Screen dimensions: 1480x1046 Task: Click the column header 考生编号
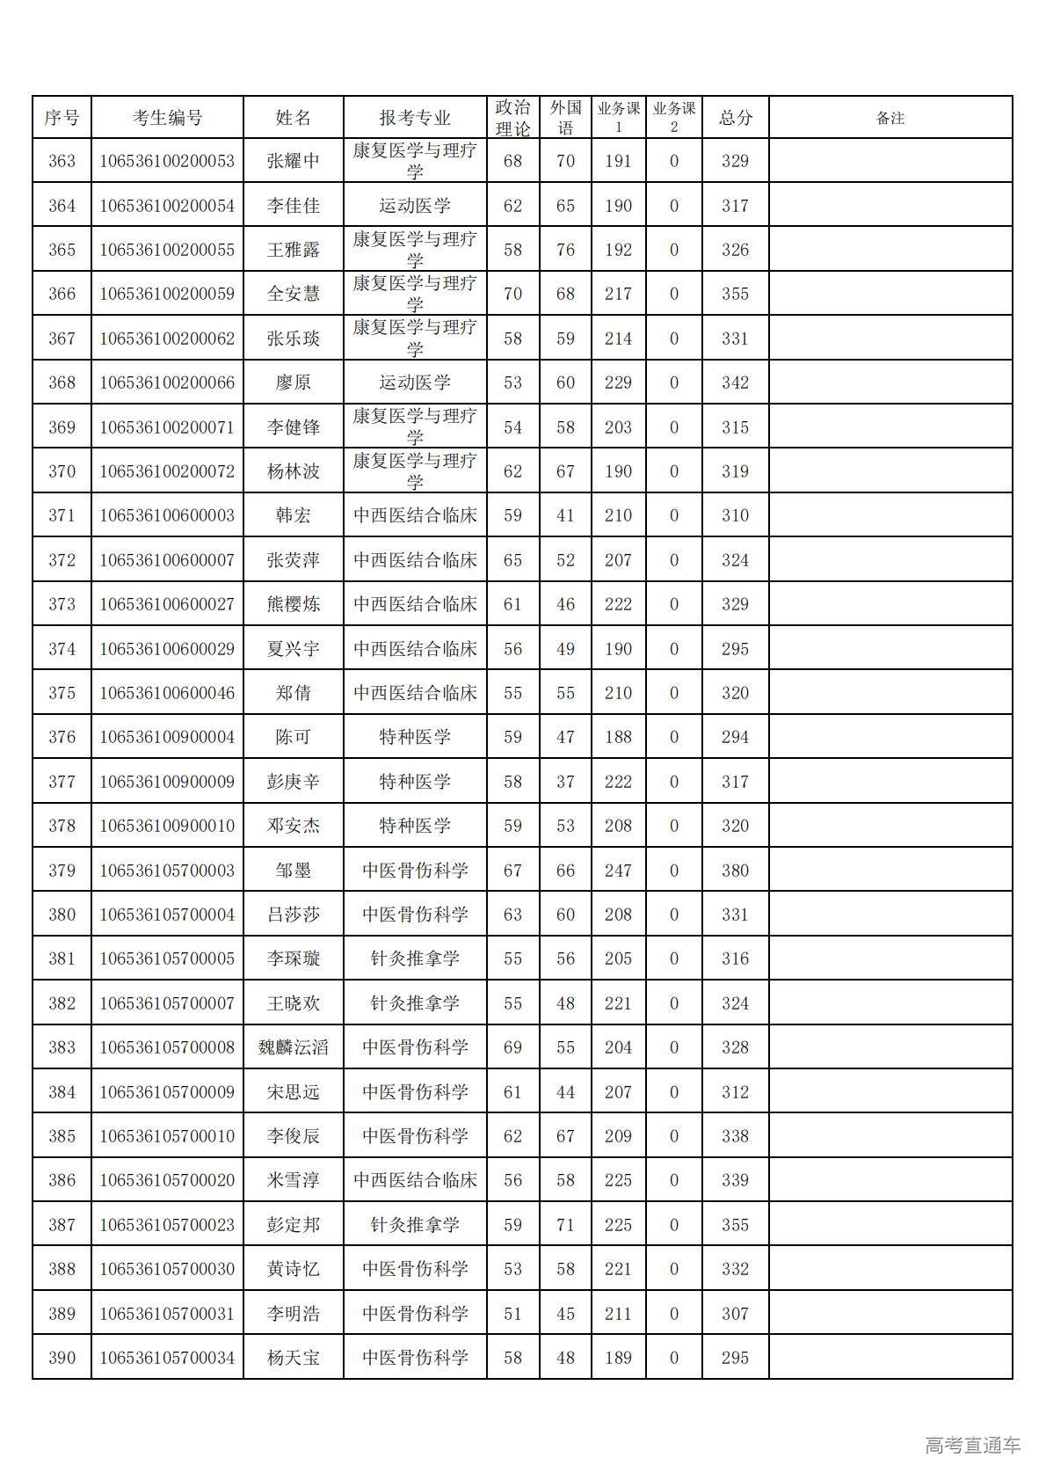point(167,118)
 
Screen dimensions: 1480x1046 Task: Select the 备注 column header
point(890,118)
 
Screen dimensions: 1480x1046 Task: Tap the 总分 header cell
point(735,118)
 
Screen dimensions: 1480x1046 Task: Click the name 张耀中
point(293,161)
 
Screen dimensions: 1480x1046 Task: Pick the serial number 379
point(62,871)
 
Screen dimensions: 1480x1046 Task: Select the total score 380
point(735,871)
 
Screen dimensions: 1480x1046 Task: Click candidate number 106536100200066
point(167,383)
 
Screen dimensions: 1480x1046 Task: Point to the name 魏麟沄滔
point(293,1047)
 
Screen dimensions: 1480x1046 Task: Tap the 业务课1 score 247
point(618,871)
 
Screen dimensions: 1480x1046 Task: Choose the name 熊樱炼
point(293,604)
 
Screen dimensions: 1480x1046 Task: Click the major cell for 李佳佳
point(415,206)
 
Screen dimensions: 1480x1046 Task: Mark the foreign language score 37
point(565,782)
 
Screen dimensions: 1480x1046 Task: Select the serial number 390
point(62,1358)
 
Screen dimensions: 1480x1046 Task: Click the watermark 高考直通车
point(972,1445)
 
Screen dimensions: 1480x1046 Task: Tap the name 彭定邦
point(293,1225)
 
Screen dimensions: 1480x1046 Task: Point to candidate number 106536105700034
point(167,1358)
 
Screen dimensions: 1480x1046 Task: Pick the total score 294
point(735,737)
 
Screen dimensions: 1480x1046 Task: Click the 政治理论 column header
point(512,118)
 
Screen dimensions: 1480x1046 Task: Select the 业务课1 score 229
point(618,383)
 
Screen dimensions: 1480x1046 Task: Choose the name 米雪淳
point(293,1180)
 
